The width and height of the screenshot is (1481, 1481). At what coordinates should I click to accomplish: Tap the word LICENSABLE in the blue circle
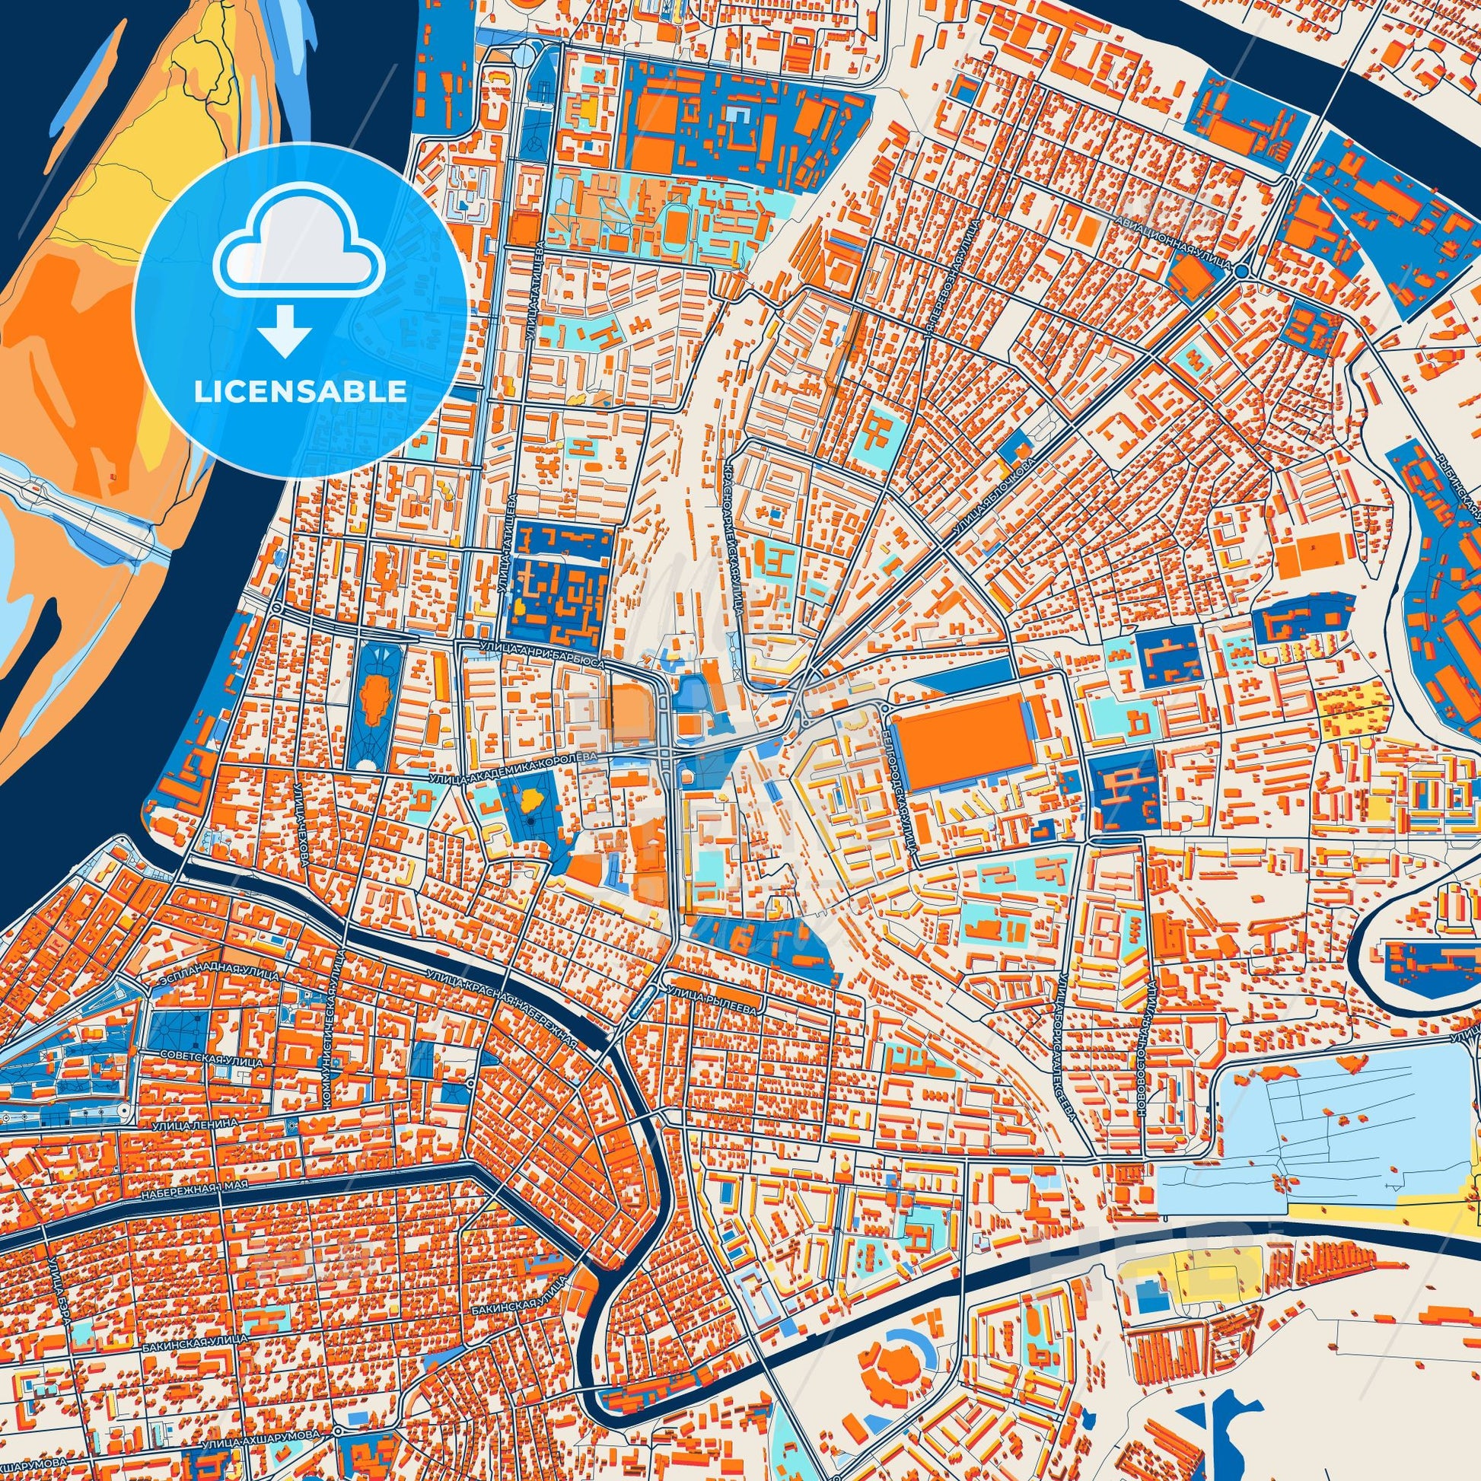(301, 391)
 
